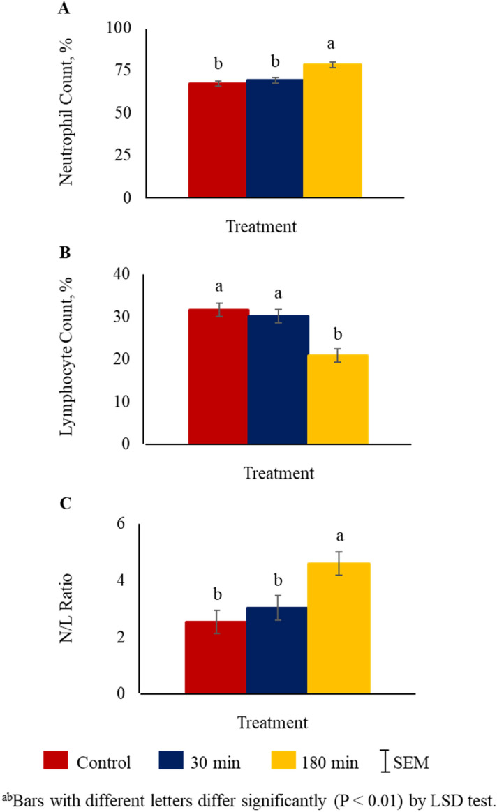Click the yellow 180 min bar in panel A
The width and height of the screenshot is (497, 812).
click(x=332, y=130)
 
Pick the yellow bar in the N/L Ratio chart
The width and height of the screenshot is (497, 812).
click(x=339, y=628)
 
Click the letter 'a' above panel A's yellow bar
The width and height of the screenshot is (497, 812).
click(x=332, y=45)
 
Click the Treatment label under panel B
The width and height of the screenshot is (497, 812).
click(x=279, y=473)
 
